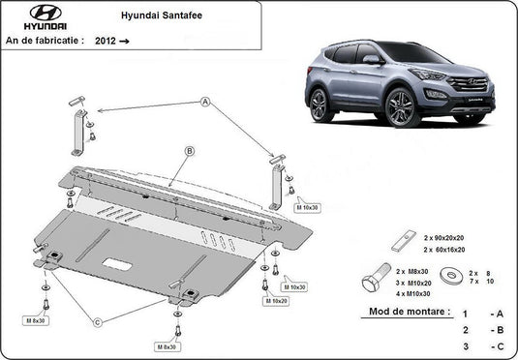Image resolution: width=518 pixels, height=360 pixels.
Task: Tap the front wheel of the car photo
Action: (x=398, y=105)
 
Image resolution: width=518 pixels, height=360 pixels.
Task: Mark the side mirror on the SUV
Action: (x=371, y=59)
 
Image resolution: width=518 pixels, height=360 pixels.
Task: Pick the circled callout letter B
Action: (x=190, y=151)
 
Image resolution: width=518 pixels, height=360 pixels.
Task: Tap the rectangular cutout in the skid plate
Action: (x=121, y=263)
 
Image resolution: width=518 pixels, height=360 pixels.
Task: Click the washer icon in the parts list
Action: (x=451, y=279)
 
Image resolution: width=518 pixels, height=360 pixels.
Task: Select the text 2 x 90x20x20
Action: (x=441, y=237)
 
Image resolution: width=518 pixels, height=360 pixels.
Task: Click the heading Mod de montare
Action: (x=409, y=313)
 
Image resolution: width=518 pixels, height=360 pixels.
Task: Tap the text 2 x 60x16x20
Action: (x=441, y=249)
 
